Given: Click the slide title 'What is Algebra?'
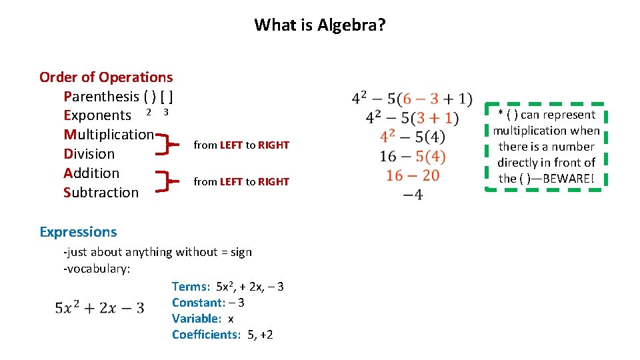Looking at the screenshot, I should (319, 25).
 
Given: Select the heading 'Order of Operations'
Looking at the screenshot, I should (105, 77).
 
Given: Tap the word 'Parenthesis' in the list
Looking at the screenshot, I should (101, 97).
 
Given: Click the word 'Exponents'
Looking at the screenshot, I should (97, 116).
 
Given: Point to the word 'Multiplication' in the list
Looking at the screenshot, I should (109, 135).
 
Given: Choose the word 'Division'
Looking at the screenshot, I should (89, 154).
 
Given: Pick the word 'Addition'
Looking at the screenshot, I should (91, 173).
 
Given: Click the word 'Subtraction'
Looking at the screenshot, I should (101, 193).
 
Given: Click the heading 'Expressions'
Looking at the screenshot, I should (78, 232).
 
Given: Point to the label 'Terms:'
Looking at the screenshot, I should (191, 287).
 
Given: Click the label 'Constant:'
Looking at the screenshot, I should (197, 303).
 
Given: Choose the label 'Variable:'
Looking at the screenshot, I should (196, 319).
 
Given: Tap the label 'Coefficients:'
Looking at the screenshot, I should (206, 335).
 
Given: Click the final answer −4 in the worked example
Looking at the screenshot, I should (413, 195).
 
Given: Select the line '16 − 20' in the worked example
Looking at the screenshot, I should (413, 175).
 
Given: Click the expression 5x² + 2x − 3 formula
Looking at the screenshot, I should (100, 308).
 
